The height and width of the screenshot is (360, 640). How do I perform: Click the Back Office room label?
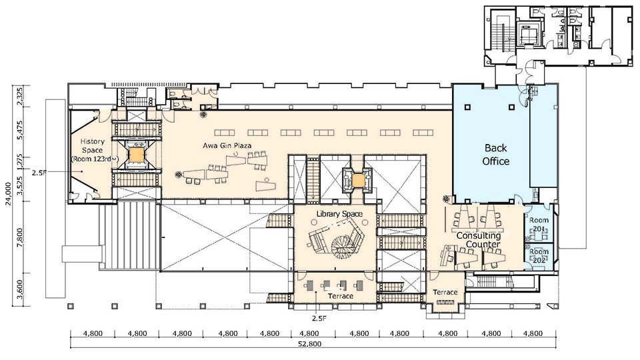tap(497, 155)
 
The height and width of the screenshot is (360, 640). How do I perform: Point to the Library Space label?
tap(339, 213)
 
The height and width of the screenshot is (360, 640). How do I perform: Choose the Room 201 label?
tap(539, 225)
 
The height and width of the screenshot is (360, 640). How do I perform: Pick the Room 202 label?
tap(539, 256)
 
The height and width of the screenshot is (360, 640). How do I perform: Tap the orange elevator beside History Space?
tap(137, 155)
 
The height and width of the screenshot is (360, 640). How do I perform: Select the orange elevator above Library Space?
tap(359, 180)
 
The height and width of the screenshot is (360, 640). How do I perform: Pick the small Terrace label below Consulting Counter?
tap(445, 293)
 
